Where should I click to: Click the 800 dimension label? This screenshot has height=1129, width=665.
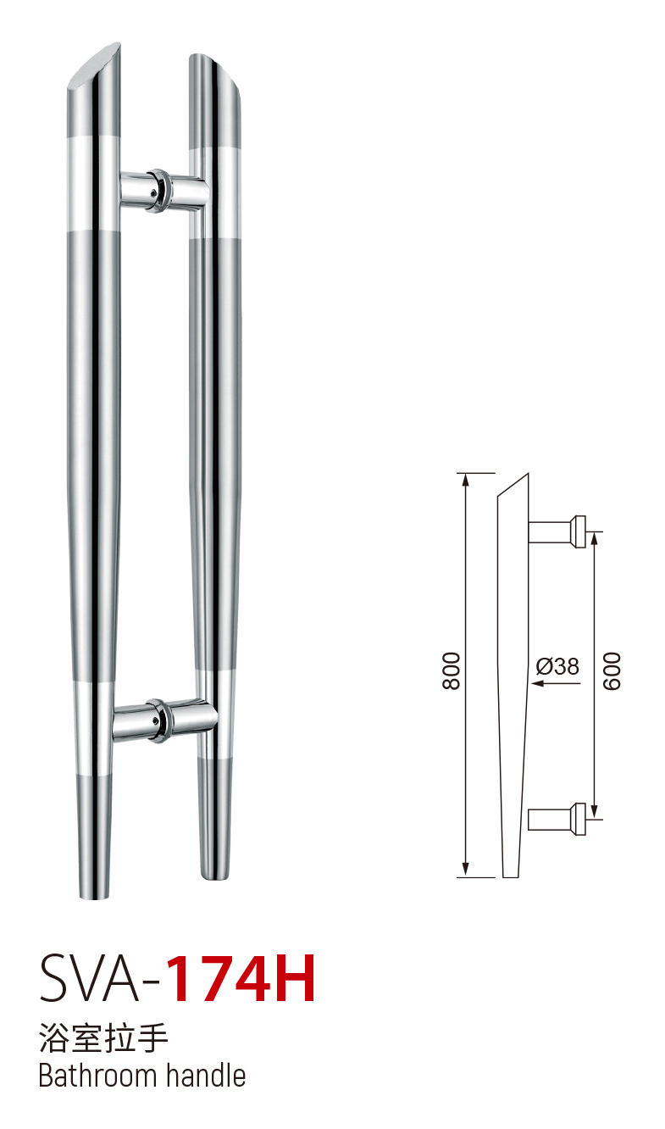[x=451, y=670]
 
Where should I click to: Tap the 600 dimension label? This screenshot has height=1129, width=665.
[x=612, y=670]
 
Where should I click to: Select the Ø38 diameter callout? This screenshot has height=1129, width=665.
[x=557, y=666]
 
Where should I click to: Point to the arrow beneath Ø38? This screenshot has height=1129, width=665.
[x=556, y=683]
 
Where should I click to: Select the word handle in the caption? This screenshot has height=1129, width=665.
[x=206, y=1076]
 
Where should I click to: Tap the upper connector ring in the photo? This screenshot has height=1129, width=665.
[x=159, y=191]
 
